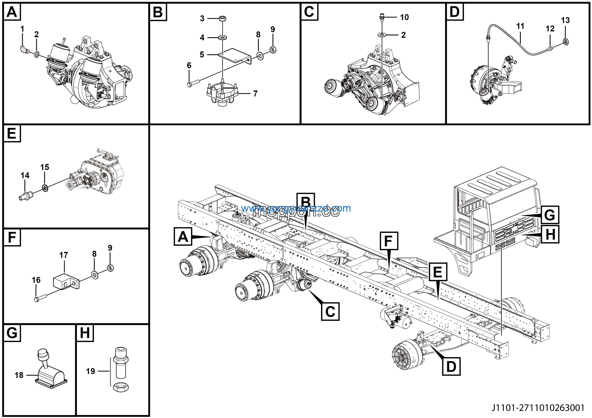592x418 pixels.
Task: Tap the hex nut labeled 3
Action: (x=222, y=18)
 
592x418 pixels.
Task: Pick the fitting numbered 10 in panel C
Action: (x=382, y=18)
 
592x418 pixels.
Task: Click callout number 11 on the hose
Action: (x=520, y=26)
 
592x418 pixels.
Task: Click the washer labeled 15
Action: (x=45, y=188)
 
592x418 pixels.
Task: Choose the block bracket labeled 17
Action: (x=65, y=283)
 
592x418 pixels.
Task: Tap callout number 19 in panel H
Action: (x=90, y=371)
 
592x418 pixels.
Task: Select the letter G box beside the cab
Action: (x=550, y=215)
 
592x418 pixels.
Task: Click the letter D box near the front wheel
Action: (x=451, y=366)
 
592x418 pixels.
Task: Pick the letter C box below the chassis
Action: (x=330, y=312)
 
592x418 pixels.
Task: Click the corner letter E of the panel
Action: (x=12, y=133)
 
